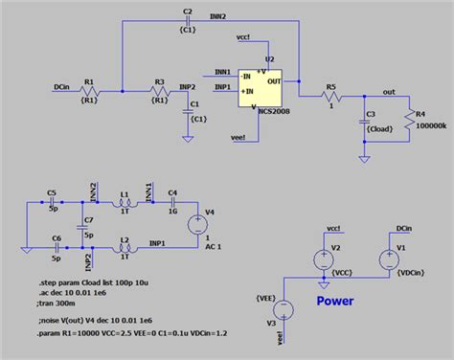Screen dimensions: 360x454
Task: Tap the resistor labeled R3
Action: (160, 91)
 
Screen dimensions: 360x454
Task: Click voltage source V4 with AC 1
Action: (197, 224)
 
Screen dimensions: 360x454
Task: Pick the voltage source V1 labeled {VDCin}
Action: (388, 259)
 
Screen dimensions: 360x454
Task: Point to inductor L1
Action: (125, 203)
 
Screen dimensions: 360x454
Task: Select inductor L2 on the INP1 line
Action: (125, 248)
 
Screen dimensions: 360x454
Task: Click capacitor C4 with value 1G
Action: (173, 203)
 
